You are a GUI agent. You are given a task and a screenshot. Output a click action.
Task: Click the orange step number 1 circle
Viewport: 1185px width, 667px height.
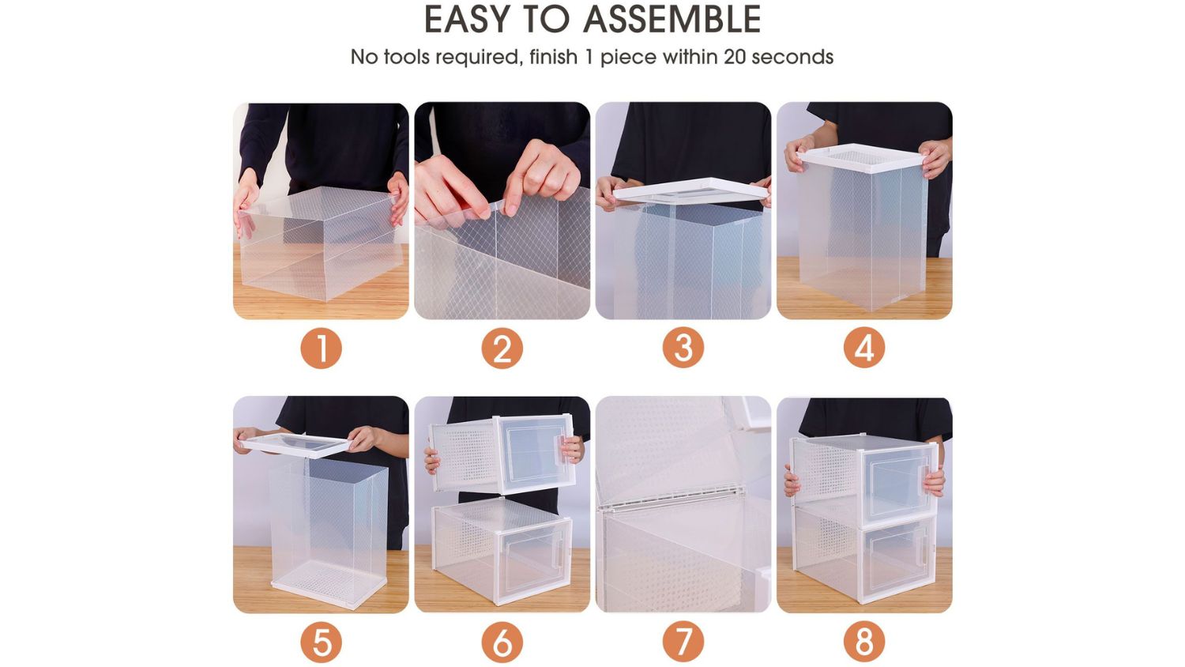click(x=321, y=349)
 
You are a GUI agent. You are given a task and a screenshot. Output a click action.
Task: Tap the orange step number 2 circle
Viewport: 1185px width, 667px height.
click(x=502, y=349)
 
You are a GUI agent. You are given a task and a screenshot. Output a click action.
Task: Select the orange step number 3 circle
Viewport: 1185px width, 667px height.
click(x=683, y=348)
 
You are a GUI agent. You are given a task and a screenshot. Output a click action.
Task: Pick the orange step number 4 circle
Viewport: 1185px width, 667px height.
click(x=864, y=348)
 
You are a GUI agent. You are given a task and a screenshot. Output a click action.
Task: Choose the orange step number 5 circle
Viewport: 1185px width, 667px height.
click(x=321, y=642)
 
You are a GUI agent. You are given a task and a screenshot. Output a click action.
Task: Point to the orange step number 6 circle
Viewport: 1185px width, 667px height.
click(x=502, y=642)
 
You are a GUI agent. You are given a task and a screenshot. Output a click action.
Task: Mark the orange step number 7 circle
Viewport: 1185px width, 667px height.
click(x=683, y=642)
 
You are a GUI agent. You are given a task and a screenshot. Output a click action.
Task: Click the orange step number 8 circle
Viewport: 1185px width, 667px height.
click(x=864, y=642)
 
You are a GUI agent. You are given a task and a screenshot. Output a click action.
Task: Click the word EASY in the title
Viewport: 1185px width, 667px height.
click(x=468, y=19)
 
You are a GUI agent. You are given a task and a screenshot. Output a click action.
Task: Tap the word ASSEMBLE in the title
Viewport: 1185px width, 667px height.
click(x=671, y=19)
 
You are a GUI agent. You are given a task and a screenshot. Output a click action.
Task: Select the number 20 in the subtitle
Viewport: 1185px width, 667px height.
click(x=735, y=57)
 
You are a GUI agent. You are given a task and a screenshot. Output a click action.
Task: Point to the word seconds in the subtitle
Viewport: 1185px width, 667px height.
click(x=792, y=57)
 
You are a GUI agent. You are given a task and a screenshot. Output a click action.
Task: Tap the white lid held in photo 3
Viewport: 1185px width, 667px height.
click(x=691, y=190)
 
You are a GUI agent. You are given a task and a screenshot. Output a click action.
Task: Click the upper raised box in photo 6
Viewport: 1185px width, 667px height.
click(x=502, y=454)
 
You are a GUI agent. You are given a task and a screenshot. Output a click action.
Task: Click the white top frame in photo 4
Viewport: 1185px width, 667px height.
click(x=862, y=158)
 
